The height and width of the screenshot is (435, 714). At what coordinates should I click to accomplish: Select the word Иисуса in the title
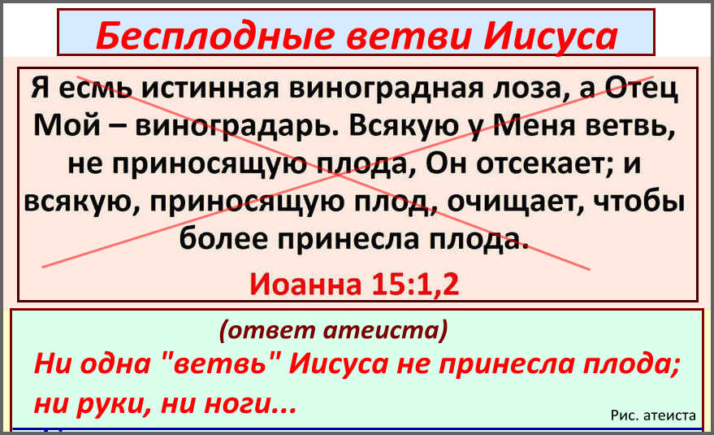coord(551,37)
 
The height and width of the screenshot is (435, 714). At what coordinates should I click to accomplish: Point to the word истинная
coord(210,88)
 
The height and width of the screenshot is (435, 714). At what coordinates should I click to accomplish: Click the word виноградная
coord(386,89)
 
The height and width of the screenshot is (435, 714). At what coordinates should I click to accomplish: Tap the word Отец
coord(643,89)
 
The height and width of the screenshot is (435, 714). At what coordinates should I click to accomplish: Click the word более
coord(223,238)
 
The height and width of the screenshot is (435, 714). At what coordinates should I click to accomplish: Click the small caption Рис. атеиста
coord(653,415)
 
